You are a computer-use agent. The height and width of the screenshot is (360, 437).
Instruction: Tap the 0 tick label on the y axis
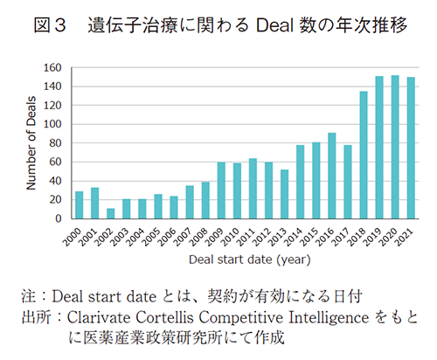tap(59, 218)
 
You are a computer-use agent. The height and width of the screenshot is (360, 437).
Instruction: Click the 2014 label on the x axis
tap(296, 239)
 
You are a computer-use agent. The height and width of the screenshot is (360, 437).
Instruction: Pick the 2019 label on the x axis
tap(376, 239)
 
